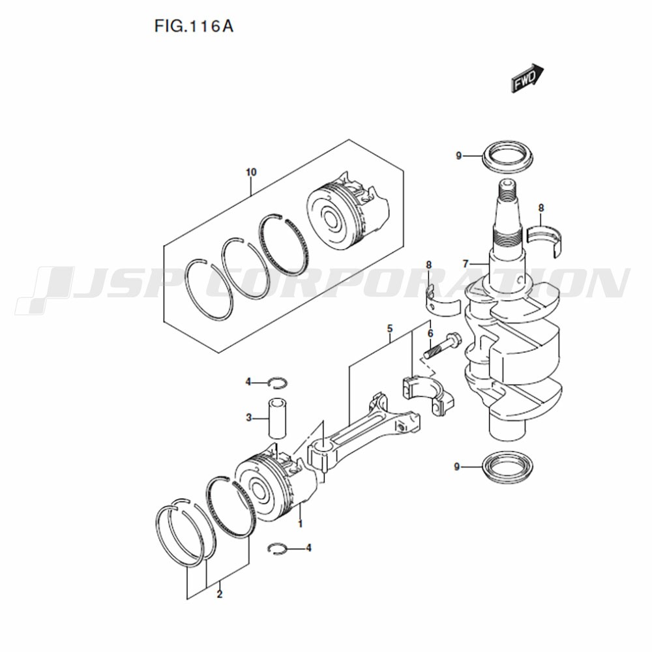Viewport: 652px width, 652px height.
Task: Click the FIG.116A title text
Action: click(x=194, y=26)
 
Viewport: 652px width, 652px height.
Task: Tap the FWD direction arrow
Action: click(x=527, y=78)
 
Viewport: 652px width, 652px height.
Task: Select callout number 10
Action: click(x=251, y=171)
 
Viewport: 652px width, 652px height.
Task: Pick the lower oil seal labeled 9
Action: click(x=508, y=467)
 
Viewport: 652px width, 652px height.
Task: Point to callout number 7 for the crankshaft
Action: click(x=466, y=263)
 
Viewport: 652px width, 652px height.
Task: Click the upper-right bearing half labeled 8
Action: click(x=544, y=241)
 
